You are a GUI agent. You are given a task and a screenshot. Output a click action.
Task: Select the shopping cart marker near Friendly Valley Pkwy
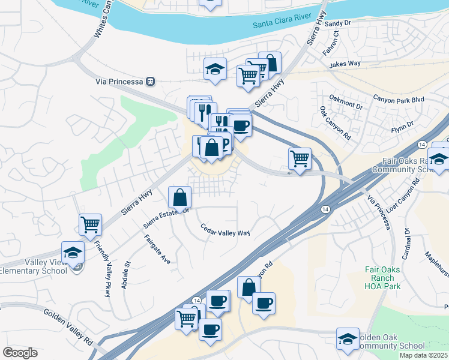(x=90, y=224)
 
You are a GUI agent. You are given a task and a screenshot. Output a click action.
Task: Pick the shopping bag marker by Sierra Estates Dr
(x=180, y=196)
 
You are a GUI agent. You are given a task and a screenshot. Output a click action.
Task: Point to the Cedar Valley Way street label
(x=225, y=230)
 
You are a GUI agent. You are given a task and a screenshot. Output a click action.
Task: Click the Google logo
(x=20, y=353)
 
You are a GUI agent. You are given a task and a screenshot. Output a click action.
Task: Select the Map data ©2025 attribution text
(x=424, y=355)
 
